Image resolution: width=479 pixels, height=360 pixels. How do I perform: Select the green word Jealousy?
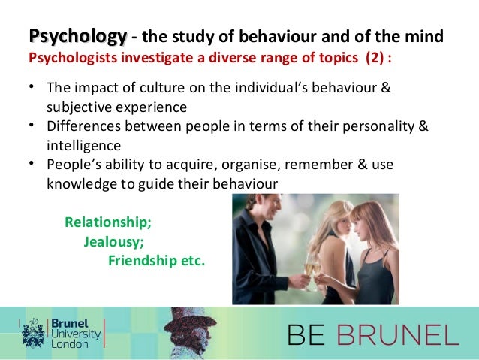(113, 242)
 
